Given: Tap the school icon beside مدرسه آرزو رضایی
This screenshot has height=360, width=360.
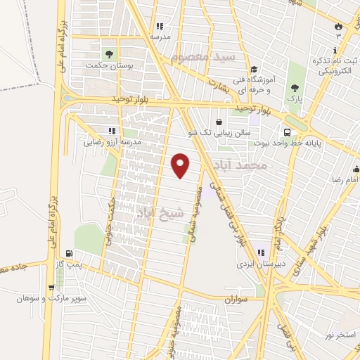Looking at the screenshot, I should [x=111, y=130].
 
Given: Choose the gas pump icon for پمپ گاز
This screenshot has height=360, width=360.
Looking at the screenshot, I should [x=68, y=254].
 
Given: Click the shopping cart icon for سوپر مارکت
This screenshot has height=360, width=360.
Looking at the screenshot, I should [x=51, y=287].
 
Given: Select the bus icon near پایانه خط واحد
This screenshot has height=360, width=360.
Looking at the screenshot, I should [x=287, y=132].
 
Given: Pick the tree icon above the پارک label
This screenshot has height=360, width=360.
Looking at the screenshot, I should [x=295, y=88].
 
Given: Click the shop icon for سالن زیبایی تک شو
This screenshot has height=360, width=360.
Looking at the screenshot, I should [x=219, y=121].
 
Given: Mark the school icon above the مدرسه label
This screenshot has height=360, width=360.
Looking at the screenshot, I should [x=160, y=26].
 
